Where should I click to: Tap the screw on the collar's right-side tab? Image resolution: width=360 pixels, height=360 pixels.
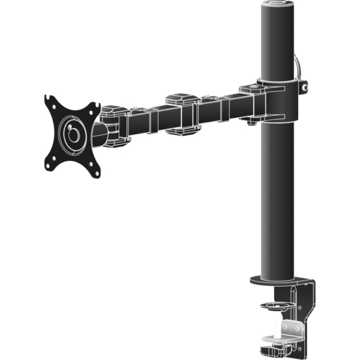[x=305, y=87]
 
